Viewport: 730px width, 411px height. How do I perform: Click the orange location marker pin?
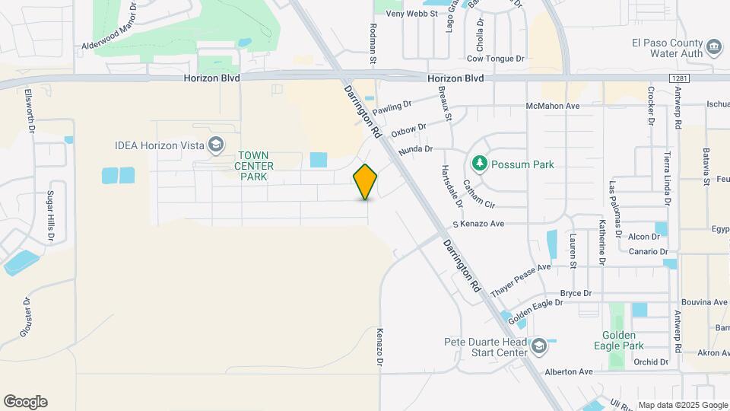click(x=365, y=181)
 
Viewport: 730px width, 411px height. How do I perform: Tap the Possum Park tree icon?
click(x=479, y=164)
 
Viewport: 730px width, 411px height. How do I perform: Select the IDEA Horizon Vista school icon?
click(x=216, y=144)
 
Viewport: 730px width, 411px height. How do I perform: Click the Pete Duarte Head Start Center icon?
click(x=538, y=347)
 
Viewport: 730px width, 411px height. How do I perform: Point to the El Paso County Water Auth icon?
click(x=714, y=47)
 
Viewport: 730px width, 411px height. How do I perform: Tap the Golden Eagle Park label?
click(x=623, y=340)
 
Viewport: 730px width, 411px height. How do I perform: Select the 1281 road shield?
click(x=680, y=78)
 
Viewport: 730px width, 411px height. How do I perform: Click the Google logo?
click(x=25, y=401)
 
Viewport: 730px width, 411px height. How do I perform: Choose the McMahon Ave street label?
click(x=553, y=106)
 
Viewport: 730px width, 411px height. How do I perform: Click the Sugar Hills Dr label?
click(x=51, y=216)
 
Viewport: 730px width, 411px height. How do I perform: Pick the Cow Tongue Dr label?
click(x=496, y=58)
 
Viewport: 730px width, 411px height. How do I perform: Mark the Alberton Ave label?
click(x=568, y=371)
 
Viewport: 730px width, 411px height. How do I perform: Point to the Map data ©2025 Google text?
click(x=681, y=405)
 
